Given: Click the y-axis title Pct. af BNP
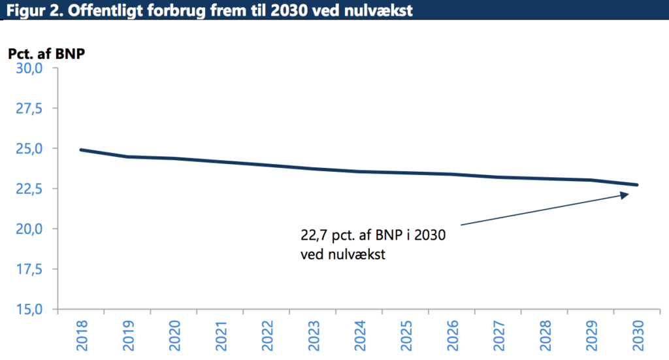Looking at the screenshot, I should [46, 54].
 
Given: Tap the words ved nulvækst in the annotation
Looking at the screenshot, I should [343, 254].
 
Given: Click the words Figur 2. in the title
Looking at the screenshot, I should [29, 10].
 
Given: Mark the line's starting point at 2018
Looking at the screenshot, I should [80, 150].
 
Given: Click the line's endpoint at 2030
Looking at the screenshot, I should [637, 185].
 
